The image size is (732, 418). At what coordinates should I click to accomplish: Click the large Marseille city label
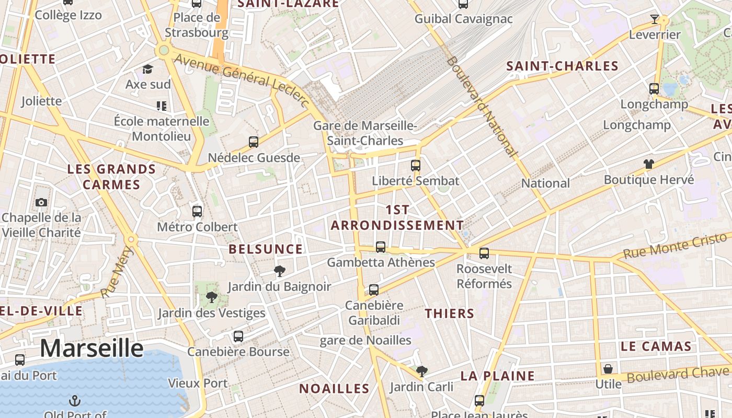(92, 348)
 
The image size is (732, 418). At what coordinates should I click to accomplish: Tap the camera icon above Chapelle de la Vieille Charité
(41, 202)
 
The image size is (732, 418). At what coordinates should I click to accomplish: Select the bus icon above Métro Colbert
(197, 211)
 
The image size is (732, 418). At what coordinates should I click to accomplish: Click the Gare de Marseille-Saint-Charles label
(365, 133)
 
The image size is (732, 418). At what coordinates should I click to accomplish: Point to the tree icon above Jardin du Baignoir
(280, 271)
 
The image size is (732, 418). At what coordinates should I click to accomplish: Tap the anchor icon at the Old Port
(75, 401)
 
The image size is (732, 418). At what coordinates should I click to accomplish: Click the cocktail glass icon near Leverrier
(654, 19)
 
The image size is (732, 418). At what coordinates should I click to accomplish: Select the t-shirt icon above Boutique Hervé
(649, 164)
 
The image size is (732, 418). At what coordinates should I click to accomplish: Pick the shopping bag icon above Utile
(608, 369)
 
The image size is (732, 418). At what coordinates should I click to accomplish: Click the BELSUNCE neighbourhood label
(266, 249)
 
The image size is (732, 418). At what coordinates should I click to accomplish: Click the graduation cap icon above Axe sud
(148, 69)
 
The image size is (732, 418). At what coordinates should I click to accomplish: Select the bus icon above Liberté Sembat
(416, 166)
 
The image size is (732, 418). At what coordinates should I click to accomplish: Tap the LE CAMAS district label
(656, 346)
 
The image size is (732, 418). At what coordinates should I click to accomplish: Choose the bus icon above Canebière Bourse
(238, 336)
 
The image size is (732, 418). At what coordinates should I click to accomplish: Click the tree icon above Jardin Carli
(421, 371)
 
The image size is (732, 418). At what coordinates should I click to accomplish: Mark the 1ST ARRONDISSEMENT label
(397, 217)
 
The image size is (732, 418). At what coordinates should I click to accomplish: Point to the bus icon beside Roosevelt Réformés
(484, 253)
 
